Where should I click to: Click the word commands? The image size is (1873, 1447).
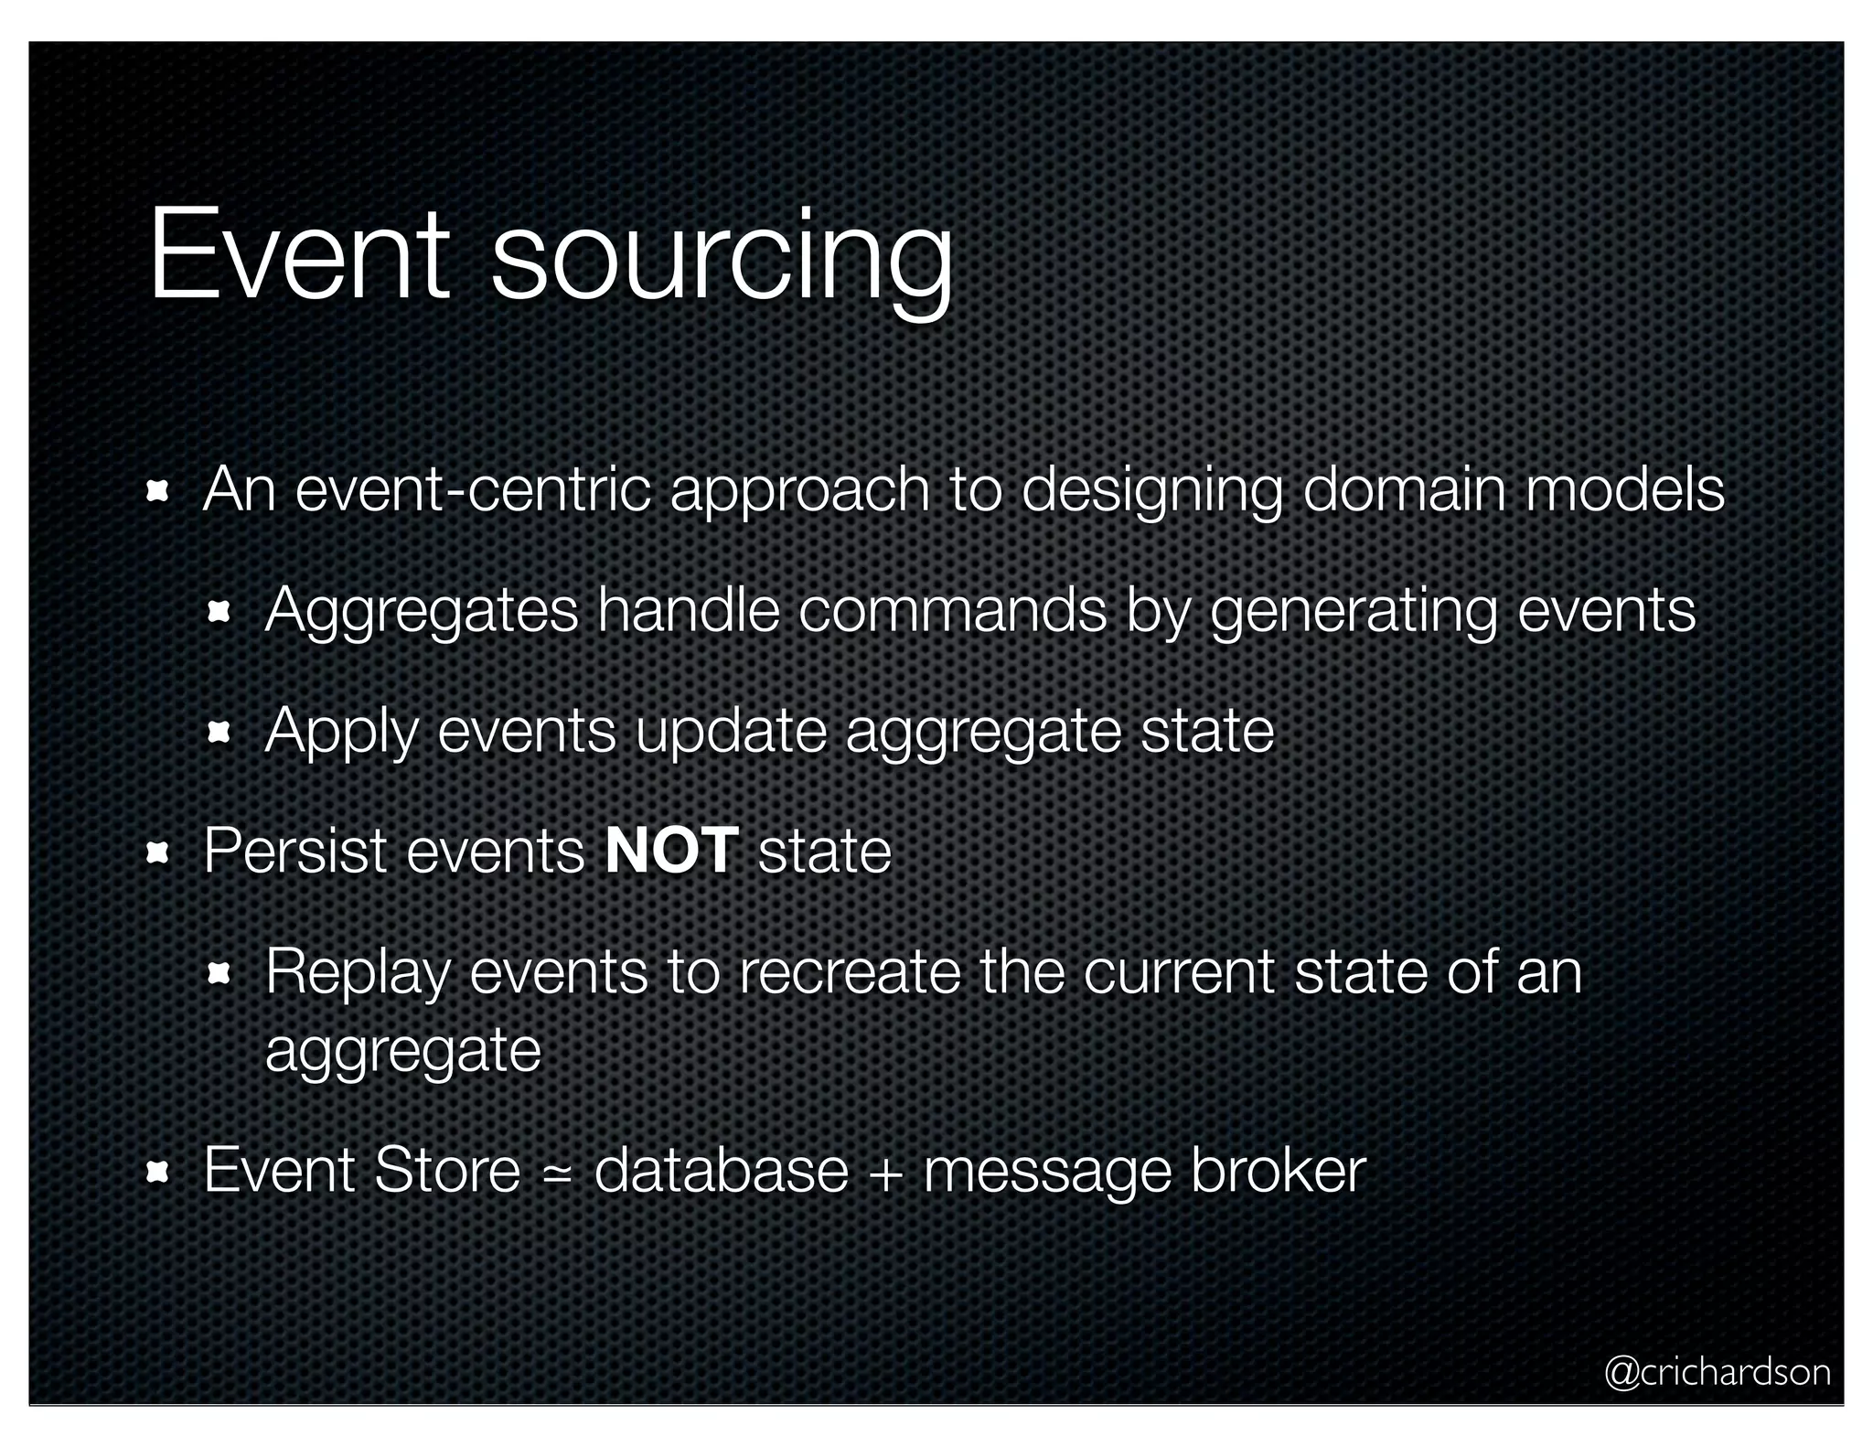[x=952, y=610]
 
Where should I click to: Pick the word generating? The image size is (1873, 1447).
[x=1354, y=610]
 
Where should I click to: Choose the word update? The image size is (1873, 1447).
[x=731, y=731]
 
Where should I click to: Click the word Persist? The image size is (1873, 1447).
[x=294, y=852]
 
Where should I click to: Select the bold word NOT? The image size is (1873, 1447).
[x=671, y=852]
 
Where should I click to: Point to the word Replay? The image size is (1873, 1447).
[x=358, y=971]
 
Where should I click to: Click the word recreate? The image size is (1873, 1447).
[x=850, y=971]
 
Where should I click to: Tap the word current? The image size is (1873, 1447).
[x=1179, y=971]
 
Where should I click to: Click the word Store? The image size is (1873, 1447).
[x=447, y=1170]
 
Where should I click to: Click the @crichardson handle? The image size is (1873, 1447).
[x=1718, y=1372]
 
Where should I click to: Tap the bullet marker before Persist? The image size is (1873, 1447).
[x=157, y=853]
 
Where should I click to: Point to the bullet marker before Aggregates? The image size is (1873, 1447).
[x=219, y=612]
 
